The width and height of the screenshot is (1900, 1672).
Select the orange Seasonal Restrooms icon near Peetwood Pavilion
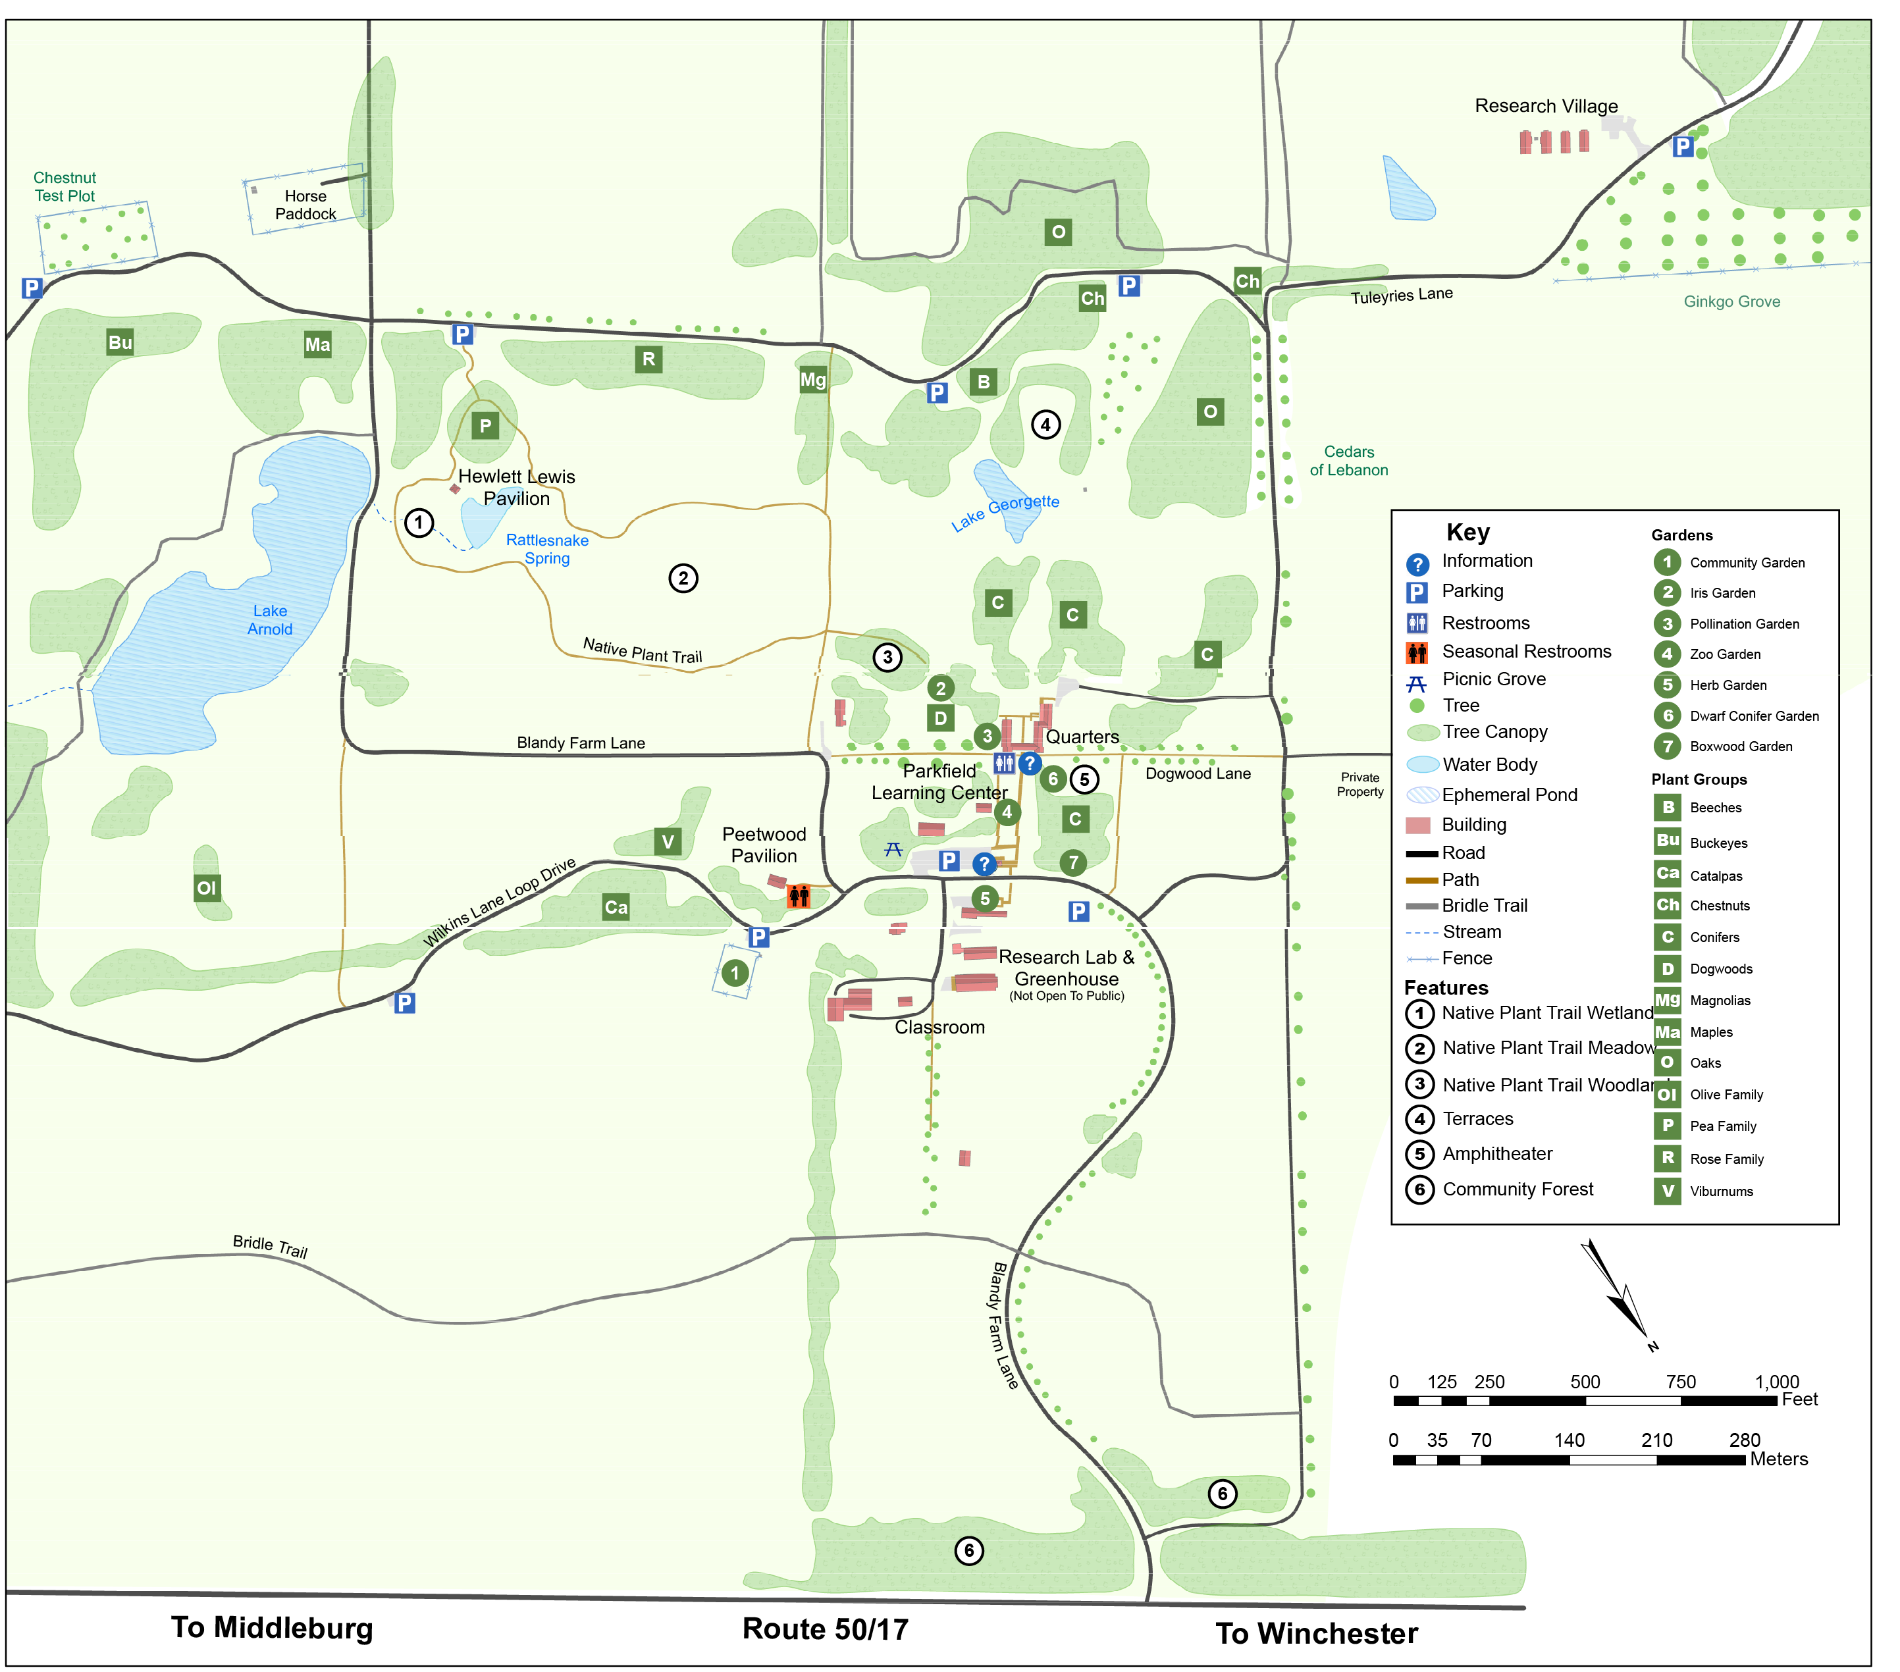click(799, 896)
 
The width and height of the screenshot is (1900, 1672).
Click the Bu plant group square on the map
click(120, 342)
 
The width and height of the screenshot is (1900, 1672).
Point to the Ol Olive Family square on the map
click(206, 887)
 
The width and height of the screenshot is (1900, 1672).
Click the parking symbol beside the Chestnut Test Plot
click(32, 288)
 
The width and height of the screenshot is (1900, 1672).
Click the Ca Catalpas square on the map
click(616, 907)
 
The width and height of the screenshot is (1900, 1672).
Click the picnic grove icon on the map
click(893, 849)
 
